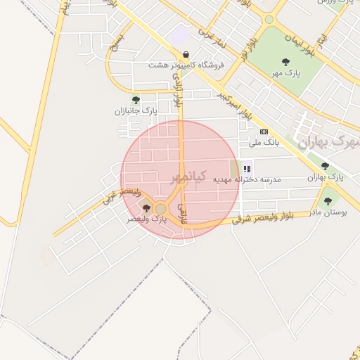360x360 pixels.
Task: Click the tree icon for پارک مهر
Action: (x=285, y=62)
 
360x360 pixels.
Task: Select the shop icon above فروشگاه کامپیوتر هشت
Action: (x=185, y=54)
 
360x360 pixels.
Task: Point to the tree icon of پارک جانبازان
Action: (x=136, y=100)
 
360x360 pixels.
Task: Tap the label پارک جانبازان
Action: (x=136, y=111)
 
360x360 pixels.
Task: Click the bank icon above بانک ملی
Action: (x=264, y=131)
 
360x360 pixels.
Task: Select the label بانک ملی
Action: (x=264, y=142)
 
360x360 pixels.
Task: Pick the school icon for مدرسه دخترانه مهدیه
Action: (x=247, y=169)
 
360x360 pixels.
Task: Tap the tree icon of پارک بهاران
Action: (x=325, y=166)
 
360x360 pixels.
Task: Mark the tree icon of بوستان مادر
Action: (x=328, y=201)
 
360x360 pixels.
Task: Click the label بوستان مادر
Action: (x=327, y=212)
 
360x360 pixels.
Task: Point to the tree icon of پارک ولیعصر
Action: (x=146, y=208)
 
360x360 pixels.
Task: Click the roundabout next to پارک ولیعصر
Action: (x=161, y=209)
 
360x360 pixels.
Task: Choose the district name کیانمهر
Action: (x=190, y=176)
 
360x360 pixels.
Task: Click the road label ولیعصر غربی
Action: (x=122, y=194)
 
